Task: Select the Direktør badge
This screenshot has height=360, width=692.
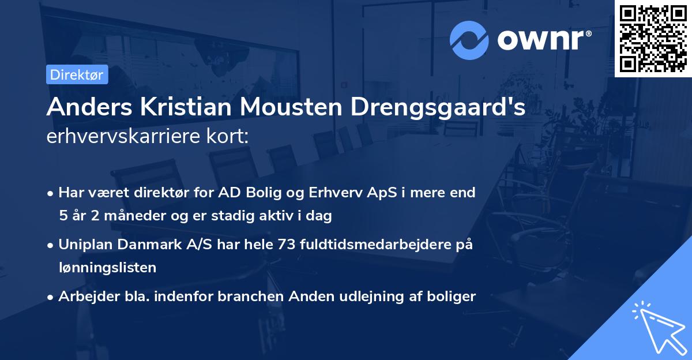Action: tap(77, 74)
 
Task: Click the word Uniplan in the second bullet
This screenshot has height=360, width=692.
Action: tap(84, 245)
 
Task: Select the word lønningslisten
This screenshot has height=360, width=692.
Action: tap(107, 267)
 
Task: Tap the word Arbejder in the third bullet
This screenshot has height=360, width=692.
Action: tap(83, 297)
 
